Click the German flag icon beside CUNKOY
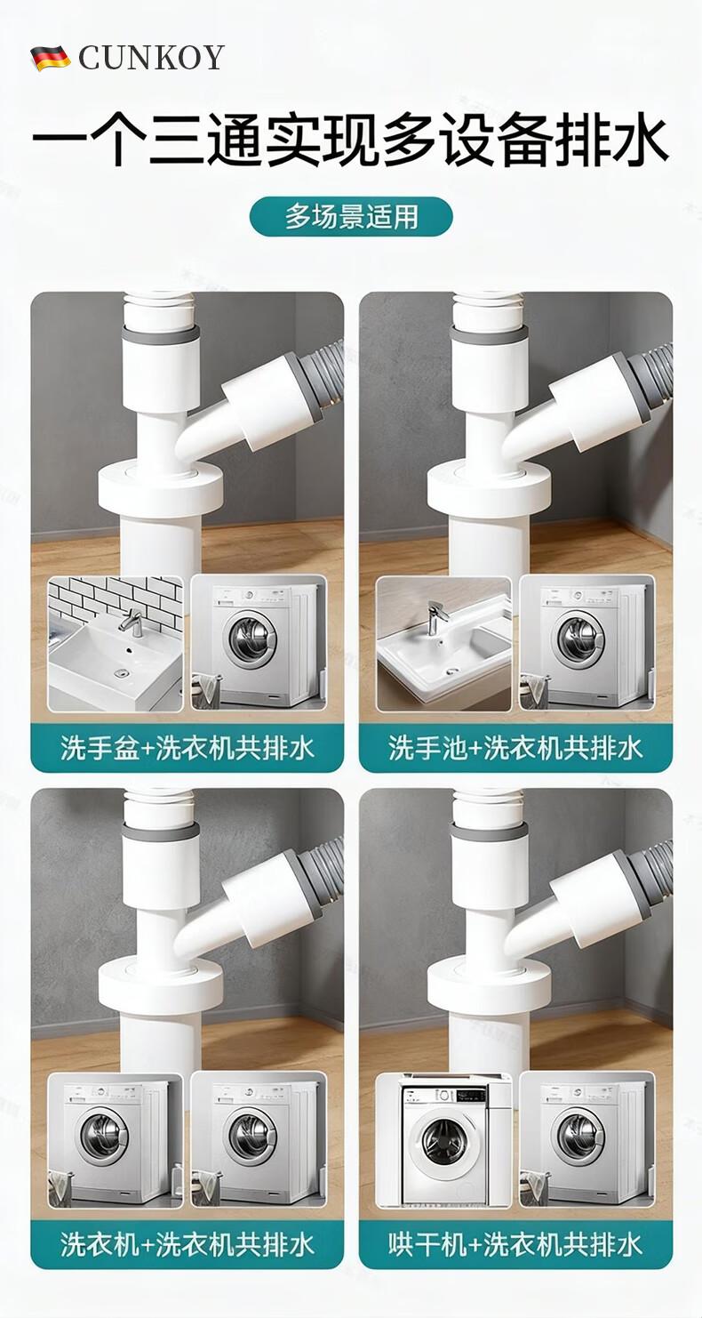[51, 58]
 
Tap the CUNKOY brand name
[151, 58]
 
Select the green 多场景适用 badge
[351, 216]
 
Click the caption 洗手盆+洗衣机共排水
[187, 748]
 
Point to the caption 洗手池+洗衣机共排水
[515, 748]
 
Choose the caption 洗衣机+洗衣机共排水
[187, 1244]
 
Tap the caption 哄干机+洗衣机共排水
[515, 1244]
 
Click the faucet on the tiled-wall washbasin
[133, 622]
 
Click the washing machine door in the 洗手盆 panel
[253, 639]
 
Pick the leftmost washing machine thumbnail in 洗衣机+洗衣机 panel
[116, 1140]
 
